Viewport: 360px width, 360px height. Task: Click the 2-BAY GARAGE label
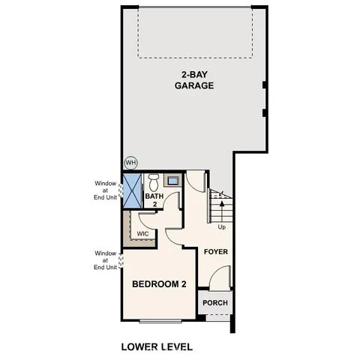click(194, 79)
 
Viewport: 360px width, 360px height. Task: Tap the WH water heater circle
click(130, 163)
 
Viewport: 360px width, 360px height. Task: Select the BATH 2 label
click(154, 199)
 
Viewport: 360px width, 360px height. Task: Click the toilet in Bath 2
click(153, 181)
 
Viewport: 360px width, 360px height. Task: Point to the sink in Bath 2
click(172, 181)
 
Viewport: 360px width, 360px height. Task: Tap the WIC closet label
click(142, 233)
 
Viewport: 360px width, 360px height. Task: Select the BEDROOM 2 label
click(159, 284)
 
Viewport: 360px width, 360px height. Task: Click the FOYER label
click(216, 252)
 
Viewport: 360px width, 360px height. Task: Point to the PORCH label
click(215, 303)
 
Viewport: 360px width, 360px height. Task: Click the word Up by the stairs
click(221, 226)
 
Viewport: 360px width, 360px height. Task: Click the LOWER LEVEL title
click(157, 347)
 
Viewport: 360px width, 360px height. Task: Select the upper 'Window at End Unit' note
click(105, 190)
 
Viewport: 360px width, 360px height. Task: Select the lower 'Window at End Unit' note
click(105, 260)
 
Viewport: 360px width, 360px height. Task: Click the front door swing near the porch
click(219, 279)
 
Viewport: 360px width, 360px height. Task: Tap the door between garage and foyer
click(196, 181)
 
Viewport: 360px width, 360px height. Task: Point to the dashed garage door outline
click(194, 34)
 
